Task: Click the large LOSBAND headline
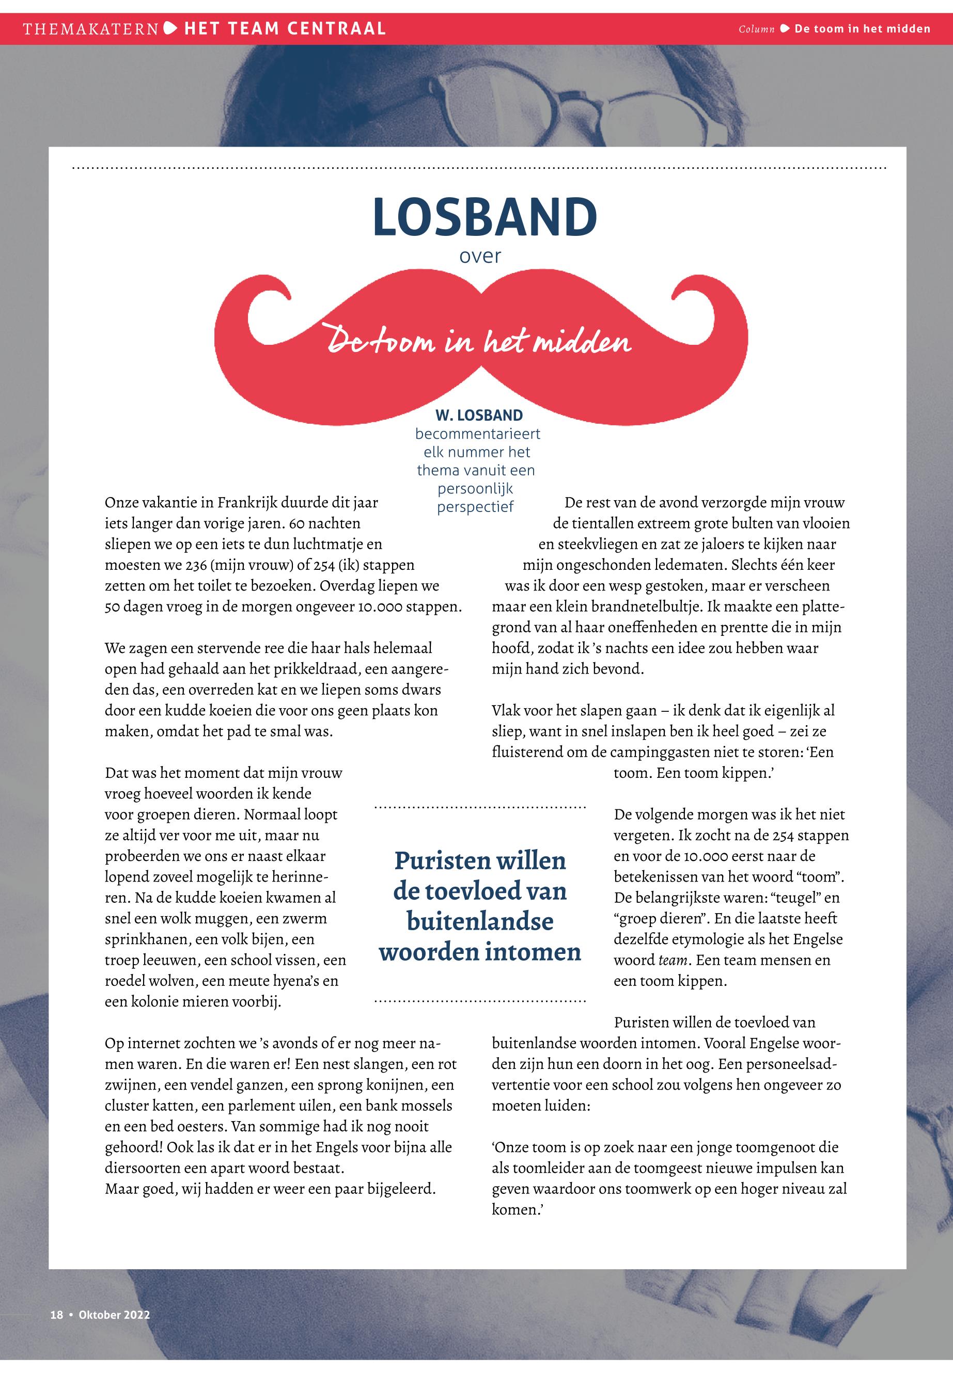[485, 217]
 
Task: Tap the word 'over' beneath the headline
[479, 256]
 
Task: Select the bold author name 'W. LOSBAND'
[479, 416]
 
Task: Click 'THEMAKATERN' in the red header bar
[91, 28]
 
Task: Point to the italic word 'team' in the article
[671, 960]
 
